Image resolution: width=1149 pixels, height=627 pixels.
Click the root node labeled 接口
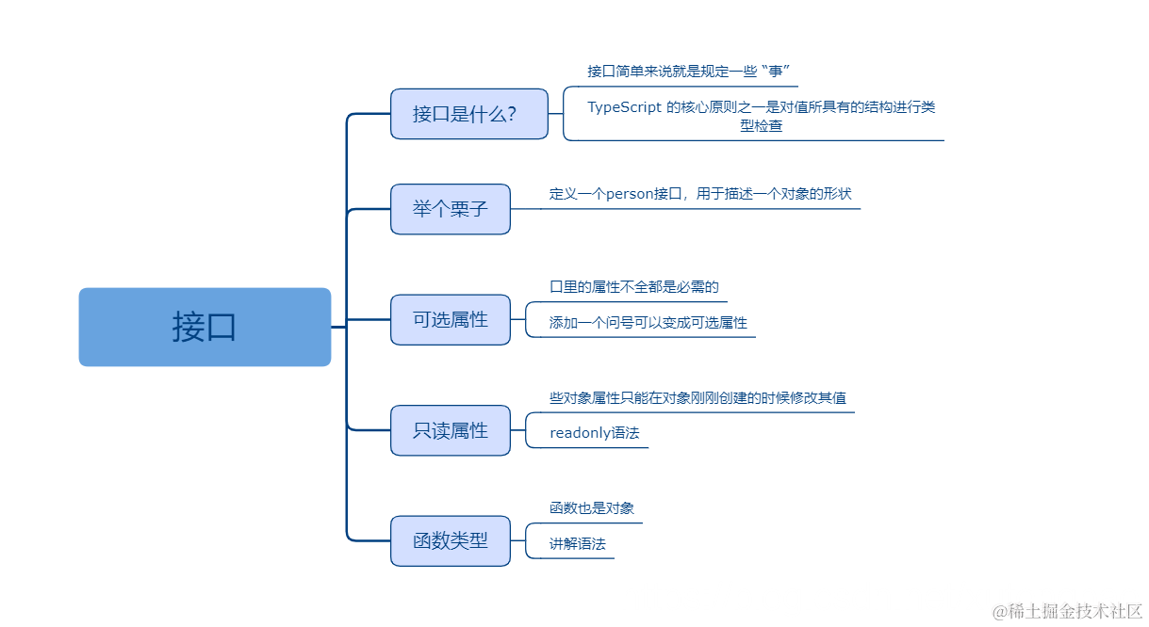pos(205,327)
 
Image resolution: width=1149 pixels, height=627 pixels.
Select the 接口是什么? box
pos(468,114)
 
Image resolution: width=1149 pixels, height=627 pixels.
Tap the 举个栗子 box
pos(451,209)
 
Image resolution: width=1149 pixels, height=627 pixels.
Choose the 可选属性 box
pos(451,320)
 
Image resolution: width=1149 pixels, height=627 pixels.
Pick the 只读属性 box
pos(451,430)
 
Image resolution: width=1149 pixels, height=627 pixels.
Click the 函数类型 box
pos(451,541)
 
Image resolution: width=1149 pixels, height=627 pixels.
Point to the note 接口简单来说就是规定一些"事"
pos(687,72)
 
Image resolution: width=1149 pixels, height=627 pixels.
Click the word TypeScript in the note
pos(624,107)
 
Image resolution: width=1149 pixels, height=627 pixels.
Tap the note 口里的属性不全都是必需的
pos(633,287)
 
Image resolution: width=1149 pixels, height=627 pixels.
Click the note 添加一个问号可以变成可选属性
pos(648,323)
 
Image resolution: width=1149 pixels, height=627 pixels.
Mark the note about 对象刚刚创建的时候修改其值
pos(698,398)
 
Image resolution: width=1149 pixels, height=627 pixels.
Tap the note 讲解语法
pos(577,544)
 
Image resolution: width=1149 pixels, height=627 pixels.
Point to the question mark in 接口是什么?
pos(510,115)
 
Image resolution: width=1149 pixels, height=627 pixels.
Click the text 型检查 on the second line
pos(761,125)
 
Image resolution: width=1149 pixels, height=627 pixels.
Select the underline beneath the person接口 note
pos(698,208)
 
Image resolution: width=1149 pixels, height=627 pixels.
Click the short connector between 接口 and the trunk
pos(338,327)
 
